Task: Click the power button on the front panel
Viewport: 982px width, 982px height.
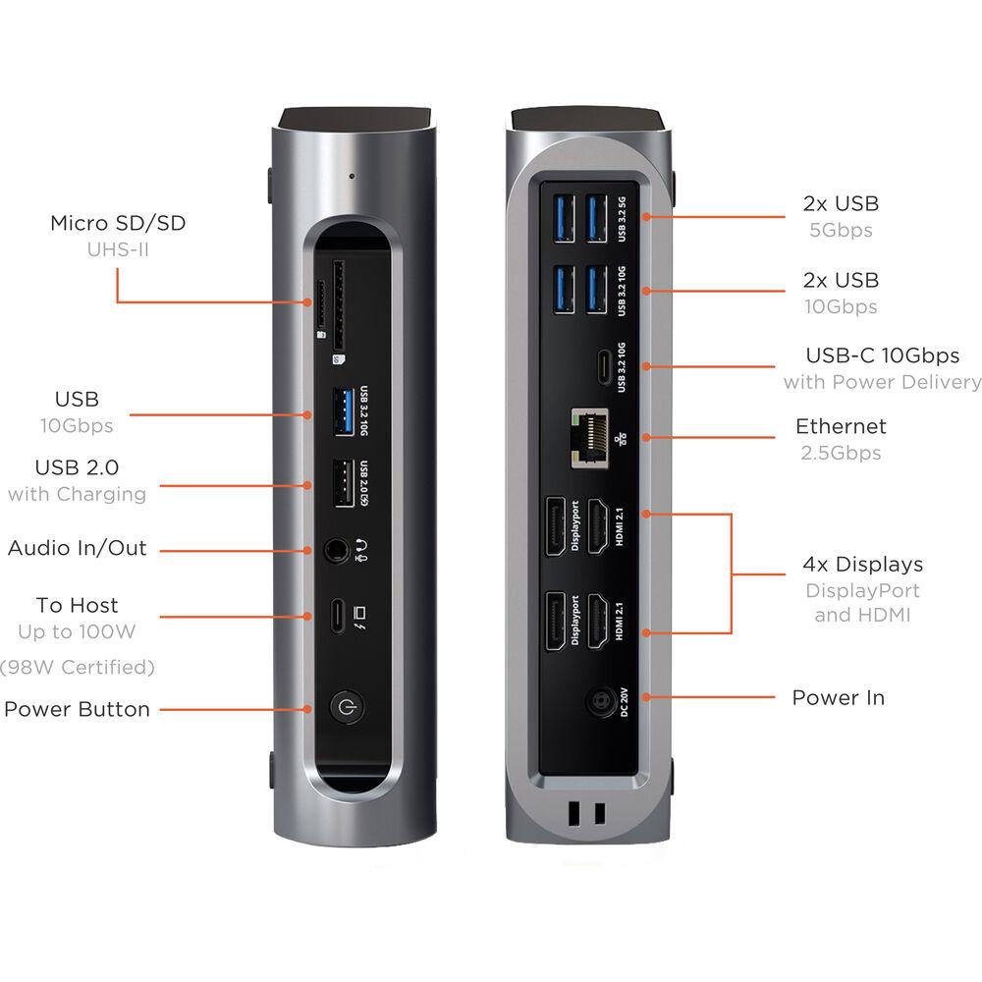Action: pyautogui.click(x=346, y=708)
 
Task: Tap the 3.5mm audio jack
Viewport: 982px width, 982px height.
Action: pyautogui.click(x=337, y=551)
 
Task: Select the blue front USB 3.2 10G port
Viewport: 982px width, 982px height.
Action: pyautogui.click(x=344, y=411)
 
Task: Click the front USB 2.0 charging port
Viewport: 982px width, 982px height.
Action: pyautogui.click(x=344, y=483)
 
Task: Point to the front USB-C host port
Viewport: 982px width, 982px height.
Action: pyautogui.click(x=338, y=617)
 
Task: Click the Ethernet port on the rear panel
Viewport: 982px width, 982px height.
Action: pyautogui.click(x=590, y=438)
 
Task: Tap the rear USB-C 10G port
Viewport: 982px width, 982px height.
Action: pyautogui.click(x=603, y=367)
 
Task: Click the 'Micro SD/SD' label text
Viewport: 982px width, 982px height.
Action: pyautogui.click(x=118, y=223)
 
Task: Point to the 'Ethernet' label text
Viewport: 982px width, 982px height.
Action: pyautogui.click(x=841, y=426)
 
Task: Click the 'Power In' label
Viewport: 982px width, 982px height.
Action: pyautogui.click(x=838, y=697)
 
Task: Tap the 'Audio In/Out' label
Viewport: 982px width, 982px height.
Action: pyautogui.click(x=77, y=547)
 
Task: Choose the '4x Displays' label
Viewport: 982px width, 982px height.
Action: pyautogui.click(x=862, y=564)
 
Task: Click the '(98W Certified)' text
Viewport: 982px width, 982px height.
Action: pyautogui.click(x=77, y=667)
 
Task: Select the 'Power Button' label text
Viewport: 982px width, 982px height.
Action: pyautogui.click(x=77, y=709)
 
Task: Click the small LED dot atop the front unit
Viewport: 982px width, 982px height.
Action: pyautogui.click(x=352, y=176)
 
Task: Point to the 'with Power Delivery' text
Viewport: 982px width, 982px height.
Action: pyautogui.click(x=882, y=381)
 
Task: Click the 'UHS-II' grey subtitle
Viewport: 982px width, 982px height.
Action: pyautogui.click(x=118, y=249)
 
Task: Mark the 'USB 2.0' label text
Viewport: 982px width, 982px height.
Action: pyautogui.click(x=77, y=467)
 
